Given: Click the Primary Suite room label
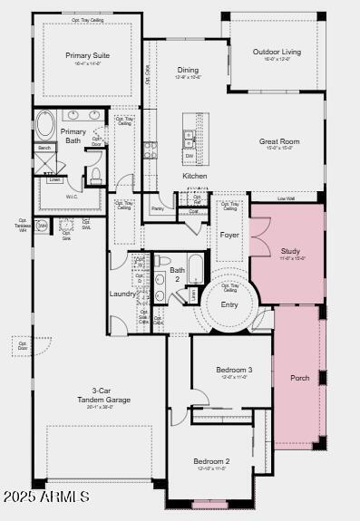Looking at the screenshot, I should pyautogui.click(x=87, y=55).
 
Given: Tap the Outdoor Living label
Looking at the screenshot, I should pyautogui.click(x=277, y=52).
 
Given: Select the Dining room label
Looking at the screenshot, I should pyautogui.click(x=188, y=70).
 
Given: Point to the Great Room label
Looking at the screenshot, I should pyautogui.click(x=279, y=141).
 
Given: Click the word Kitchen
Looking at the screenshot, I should pyautogui.click(x=195, y=176).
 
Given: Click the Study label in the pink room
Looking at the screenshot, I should pyautogui.click(x=290, y=251).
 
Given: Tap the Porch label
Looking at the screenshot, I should pyautogui.click(x=299, y=377).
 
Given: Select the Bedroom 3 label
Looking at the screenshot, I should pyautogui.click(x=234, y=370).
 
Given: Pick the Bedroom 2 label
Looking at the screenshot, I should pyautogui.click(x=211, y=461).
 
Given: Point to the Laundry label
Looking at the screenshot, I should pyautogui.click(x=122, y=294).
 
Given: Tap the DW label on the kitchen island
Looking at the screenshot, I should pyautogui.click(x=189, y=156).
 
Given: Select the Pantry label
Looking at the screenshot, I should pyautogui.click(x=158, y=208).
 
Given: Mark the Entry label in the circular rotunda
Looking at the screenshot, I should pyautogui.click(x=229, y=304).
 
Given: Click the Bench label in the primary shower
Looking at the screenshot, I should pyautogui.click(x=44, y=147).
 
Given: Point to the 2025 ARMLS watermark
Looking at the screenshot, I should pyautogui.click(x=46, y=497).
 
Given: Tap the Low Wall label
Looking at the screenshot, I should pyautogui.click(x=286, y=198).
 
